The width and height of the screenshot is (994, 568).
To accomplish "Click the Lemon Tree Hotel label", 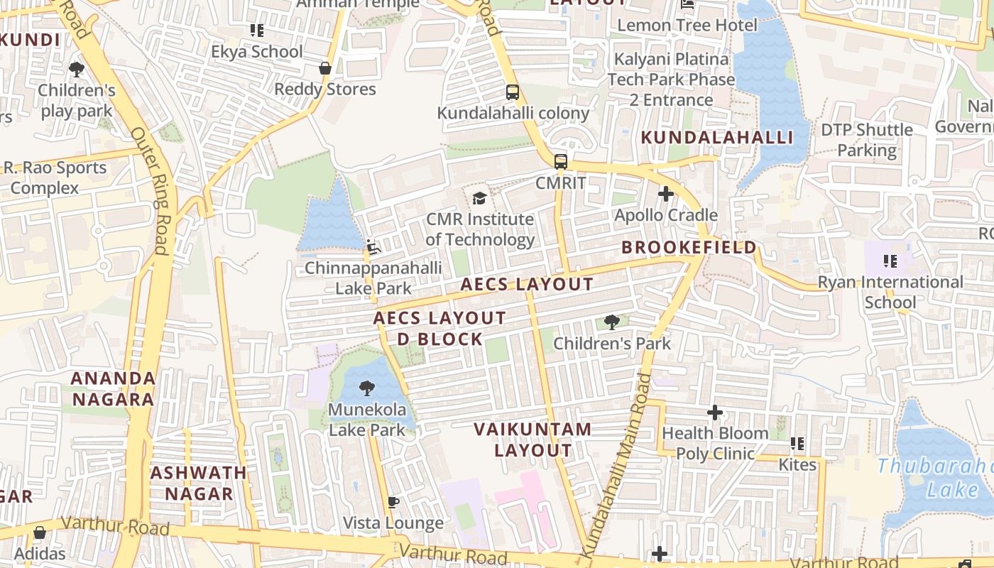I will click(x=687, y=26).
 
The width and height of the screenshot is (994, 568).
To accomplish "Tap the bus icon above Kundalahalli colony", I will click(x=513, y=92).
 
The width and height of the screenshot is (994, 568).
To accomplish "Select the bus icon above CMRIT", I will click(x=561, y=162).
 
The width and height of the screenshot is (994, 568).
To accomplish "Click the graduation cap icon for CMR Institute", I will click(x=480, y=198).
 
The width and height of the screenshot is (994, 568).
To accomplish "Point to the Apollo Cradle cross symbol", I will click(x=666, y=194).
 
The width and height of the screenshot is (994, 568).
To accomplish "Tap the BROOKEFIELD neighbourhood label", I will click(x=689, y=248).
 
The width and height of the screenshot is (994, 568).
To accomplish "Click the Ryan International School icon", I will click(x=890, y=261).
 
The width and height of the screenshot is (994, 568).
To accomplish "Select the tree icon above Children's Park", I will click(x=611, y=322).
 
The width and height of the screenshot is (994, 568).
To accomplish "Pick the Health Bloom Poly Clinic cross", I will click(x=715, y=413).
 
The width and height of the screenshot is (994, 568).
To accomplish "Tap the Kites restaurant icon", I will click(x=797, y=444).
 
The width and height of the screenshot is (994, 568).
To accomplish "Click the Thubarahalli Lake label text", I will click(x=934, y=477).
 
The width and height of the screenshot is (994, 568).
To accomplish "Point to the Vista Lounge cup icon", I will click(x=393, y=503).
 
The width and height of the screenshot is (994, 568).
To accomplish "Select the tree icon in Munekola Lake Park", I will click(x=367, y=388).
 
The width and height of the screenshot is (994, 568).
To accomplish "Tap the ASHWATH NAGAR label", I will click(x=199, y=483).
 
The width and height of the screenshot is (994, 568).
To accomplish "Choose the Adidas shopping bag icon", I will click(x=40, y=532).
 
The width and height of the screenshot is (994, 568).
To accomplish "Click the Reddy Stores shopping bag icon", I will click(x=325, y=69).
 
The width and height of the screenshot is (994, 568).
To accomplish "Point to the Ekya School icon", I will click(x=257, y=31).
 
